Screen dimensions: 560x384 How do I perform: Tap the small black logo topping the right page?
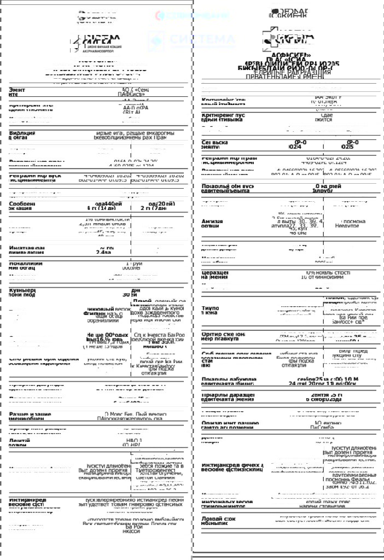(290, 13)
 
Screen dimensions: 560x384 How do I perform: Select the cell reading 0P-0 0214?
(294, 144)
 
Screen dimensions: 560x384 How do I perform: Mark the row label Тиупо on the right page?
(211, 310)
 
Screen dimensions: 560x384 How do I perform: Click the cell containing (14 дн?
(102, 208)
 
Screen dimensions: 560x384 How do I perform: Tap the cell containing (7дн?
(159, 208)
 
